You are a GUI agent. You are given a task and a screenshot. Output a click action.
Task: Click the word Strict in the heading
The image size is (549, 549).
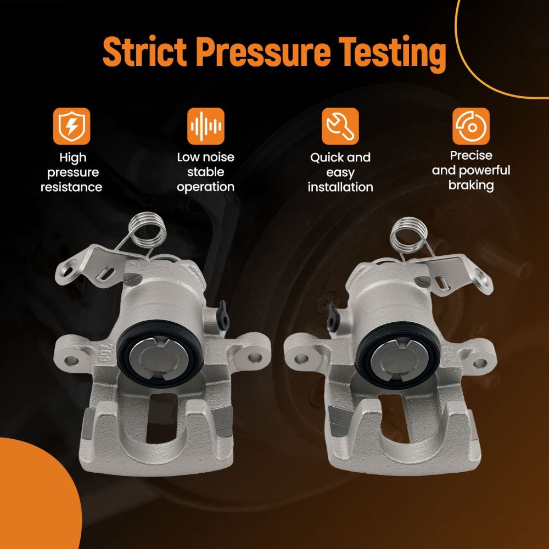pos(144,52)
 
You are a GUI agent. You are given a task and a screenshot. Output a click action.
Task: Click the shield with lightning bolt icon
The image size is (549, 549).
pos(72,126)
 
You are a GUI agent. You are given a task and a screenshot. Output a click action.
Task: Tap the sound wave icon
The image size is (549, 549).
pos(205,126)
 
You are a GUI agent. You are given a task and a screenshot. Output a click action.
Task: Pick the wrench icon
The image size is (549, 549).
pos(340,126)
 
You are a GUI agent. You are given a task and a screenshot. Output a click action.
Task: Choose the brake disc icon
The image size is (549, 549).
pos(471,126)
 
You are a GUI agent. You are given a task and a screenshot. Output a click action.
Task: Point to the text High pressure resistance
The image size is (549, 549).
pos(71,172)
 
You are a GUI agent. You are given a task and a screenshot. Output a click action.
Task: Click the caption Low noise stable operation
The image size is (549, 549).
pos(205,172)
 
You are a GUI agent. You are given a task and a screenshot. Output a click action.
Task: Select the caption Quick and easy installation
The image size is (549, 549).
pos(340,172)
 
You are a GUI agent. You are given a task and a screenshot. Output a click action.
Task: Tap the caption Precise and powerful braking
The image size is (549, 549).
pos(471,171)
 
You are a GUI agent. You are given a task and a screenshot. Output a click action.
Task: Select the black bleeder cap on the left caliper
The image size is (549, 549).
pos(223,314)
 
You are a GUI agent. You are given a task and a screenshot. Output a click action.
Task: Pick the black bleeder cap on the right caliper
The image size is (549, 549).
pos(332,317)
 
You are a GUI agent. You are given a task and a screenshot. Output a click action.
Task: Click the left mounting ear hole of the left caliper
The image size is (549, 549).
pos(72,360)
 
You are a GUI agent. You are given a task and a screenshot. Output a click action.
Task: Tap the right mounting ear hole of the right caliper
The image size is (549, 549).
pos(479,363)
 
